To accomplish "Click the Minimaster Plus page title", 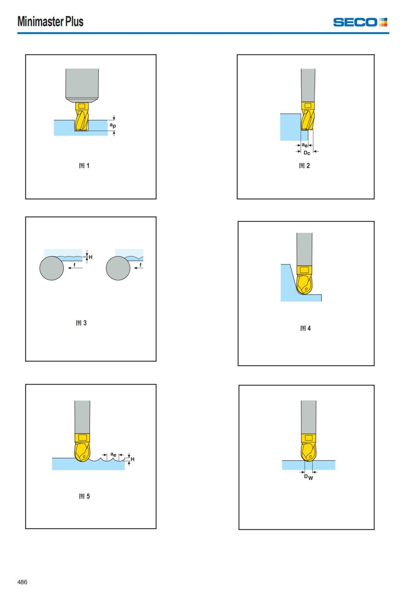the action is point(50,21).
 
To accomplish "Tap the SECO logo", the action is point(360,22).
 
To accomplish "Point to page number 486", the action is point(22,582).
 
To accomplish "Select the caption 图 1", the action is point(84,166).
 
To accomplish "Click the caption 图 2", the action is point(304,166).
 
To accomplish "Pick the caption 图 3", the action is point(81,323).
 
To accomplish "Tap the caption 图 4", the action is point(306,328).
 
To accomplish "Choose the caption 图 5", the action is point(84,496).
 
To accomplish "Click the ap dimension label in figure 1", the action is point(113,125).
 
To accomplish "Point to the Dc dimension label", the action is point(307,153).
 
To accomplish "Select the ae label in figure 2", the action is point(305,145).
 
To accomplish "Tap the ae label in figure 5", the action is point(113,454).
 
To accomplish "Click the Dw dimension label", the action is point(308,477).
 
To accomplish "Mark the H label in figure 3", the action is point(90,257).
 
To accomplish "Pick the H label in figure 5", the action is point(133,459).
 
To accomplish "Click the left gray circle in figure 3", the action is point(52,268).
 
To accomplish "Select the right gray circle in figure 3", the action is point(118,268).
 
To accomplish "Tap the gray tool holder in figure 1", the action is point(82,85).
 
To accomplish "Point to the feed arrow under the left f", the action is point(75,268).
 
